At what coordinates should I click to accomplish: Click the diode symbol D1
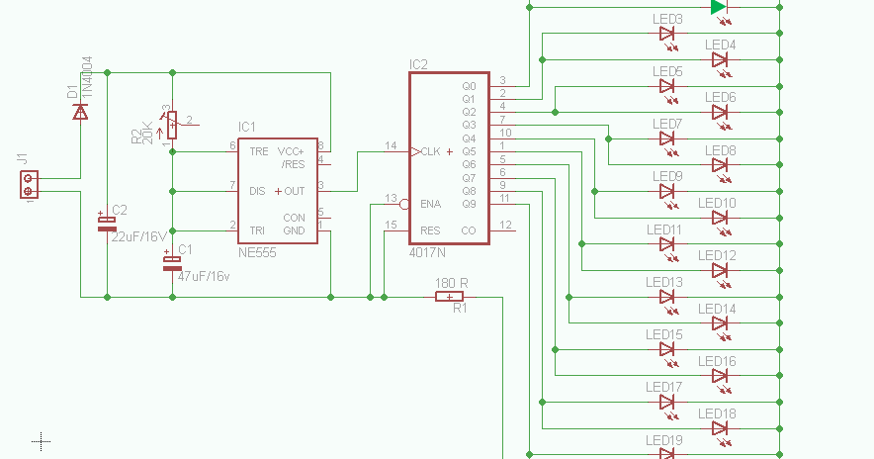pyautogui.click(x=80, y=110)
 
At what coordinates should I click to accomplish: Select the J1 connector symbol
pyautogui.click(x=29, y=185)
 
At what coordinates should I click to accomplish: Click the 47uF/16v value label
pyautogui.click(x=203, y=276)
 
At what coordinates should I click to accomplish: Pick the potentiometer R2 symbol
pyautogui.click(x=172, y=125)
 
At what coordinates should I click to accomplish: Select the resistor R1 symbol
pyautogui.click(x=450, y=296)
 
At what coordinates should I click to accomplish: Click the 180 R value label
pyautogui.click(x=451, y=283)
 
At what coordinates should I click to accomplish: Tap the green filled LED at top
pyautogui.click(x=719, y=7)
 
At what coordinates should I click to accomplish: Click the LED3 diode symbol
pyautogui.click(x=667, y=33)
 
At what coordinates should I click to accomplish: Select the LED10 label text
pyautogui.click(x=717, y=203)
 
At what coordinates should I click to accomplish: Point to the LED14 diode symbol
pyautogui.click(x=720, y=322)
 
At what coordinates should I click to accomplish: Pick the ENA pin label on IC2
pyautogui.click(x=430, y=204)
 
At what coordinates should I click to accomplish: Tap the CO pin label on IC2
pyautogui.click(x=468, y=230)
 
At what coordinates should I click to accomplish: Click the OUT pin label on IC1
pyautogui.click(x=294, y=191)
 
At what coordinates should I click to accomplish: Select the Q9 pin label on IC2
pyautogui.click(x=469, y=204)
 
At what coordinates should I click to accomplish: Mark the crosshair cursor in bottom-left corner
pyautogui.click(x=41, y=440)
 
